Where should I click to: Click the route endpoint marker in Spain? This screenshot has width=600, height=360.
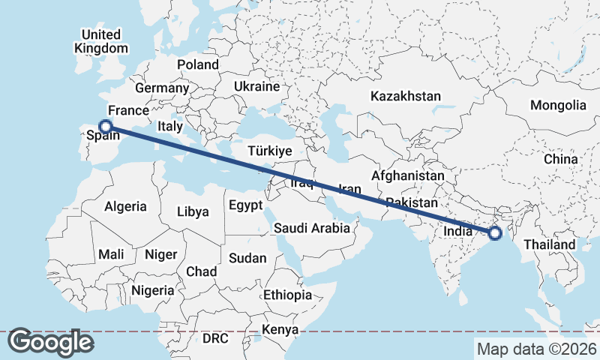(106, 127)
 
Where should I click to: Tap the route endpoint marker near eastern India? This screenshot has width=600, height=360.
(495, 233)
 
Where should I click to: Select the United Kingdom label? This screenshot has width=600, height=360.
(101, 41)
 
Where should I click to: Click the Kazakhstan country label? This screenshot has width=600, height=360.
(405, 96)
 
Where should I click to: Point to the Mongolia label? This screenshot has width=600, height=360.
(558, 105)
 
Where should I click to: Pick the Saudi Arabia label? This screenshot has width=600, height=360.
(311, 228)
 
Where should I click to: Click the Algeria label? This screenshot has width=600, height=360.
(125, 205)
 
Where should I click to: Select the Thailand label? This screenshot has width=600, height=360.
(549, 244)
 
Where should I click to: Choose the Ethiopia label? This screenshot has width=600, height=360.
(287, 295)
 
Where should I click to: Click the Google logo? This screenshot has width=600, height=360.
(51, 342)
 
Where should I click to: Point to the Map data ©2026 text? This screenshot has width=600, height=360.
(537, 349)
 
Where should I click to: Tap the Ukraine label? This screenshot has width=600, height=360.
(256, 86)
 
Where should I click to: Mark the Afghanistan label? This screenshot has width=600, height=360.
(408, 175)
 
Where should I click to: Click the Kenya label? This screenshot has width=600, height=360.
(280, 329)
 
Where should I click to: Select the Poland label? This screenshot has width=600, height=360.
(197, 64)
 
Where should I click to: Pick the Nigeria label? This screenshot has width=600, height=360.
(153, 289)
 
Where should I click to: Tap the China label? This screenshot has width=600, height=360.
(561, 159)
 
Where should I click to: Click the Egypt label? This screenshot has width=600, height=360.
(245, 205)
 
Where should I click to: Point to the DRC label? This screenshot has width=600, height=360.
(215, 338)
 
